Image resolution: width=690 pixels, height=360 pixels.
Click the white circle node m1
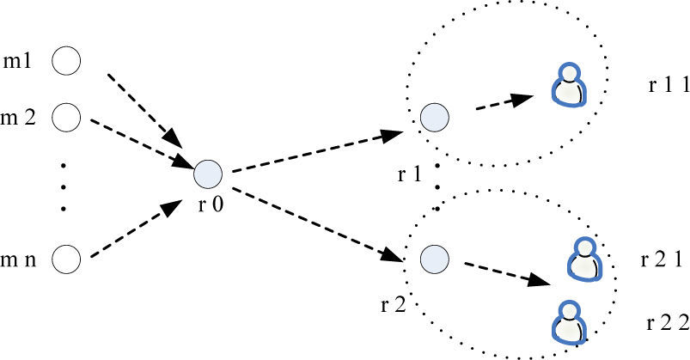[66, 61]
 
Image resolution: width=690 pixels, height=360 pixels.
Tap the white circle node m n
[66, 258]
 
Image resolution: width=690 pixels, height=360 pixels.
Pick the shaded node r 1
[433, 116]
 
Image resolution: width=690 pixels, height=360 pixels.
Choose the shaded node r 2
[433, 257]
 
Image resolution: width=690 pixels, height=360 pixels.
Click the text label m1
[21, 61]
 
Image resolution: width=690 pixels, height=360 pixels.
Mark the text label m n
[20, 258]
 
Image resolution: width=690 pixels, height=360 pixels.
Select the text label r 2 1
[662, 258]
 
